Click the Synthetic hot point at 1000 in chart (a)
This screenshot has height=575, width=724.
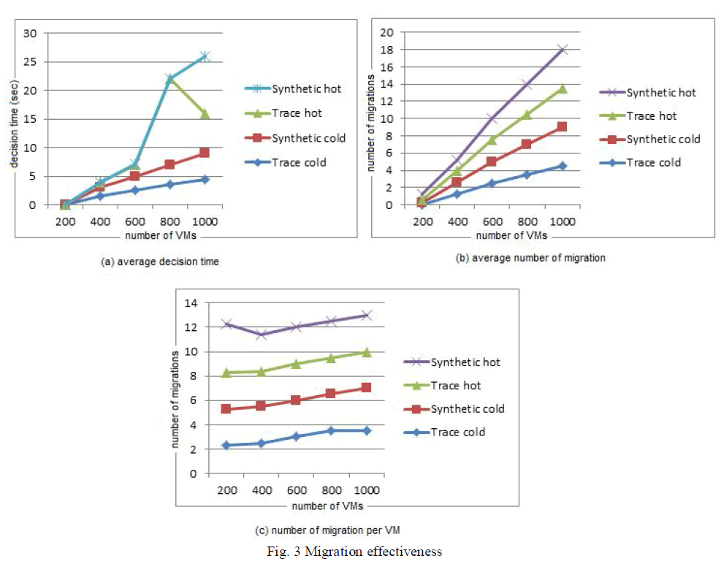205,56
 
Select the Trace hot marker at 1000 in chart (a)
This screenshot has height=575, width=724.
205,114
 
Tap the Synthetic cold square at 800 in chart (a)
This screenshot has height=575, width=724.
169,164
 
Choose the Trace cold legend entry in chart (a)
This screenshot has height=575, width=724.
299,162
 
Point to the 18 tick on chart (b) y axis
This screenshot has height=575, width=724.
389,50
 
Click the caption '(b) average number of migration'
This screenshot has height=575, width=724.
530,258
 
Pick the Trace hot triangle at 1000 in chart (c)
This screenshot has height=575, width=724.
367,352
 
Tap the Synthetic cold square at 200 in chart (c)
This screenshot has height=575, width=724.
226,409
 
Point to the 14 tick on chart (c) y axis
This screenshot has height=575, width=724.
193,303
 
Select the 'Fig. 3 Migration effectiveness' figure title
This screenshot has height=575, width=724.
354,552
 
